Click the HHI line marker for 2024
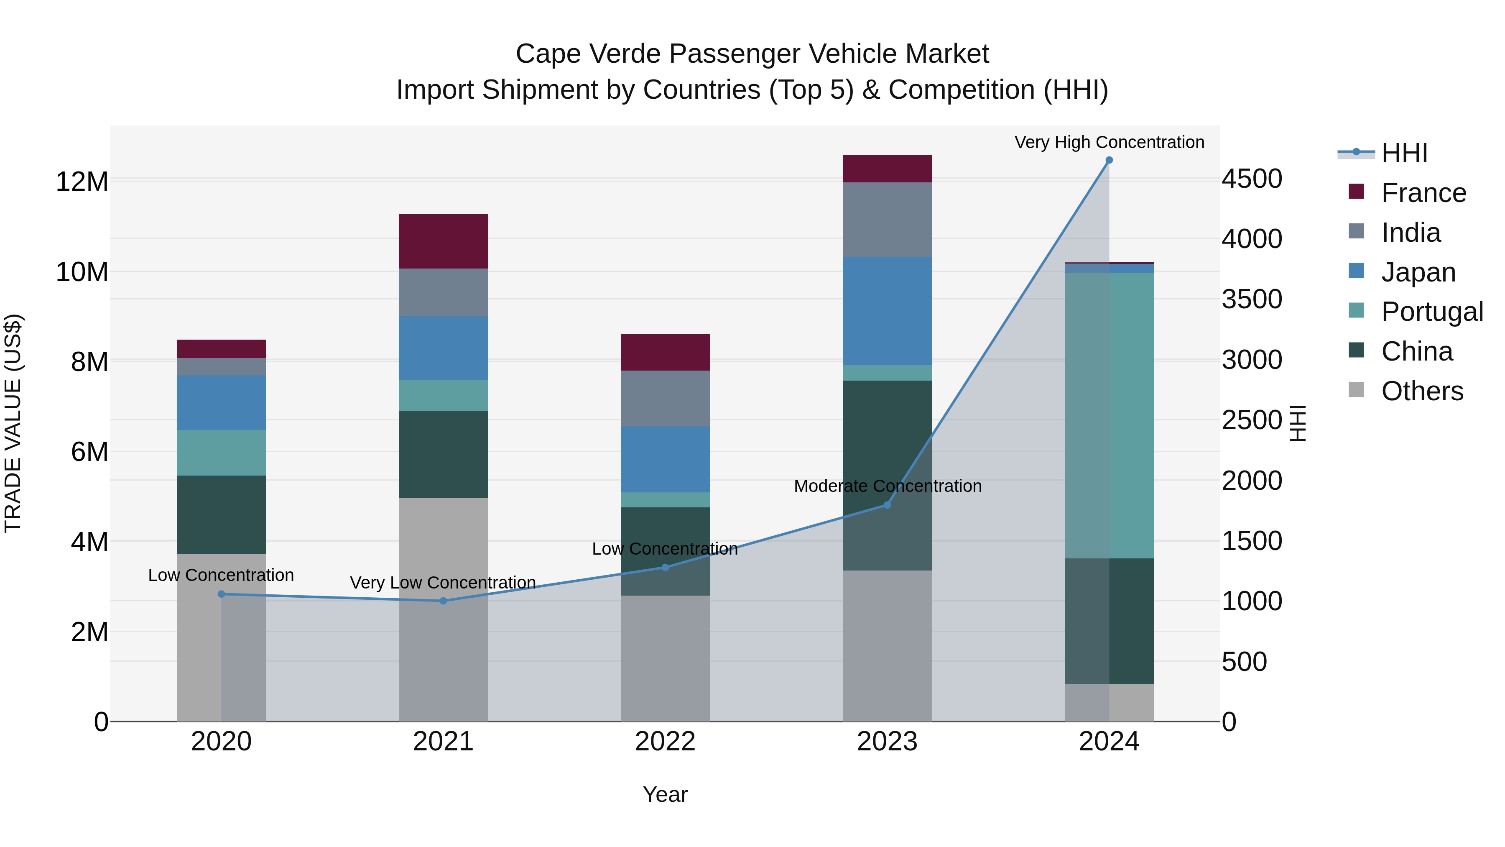pos(1109,160)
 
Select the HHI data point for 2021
pos(443,601)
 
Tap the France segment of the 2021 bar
pos(443,241)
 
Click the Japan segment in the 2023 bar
pos(887,311)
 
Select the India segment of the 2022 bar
pos(665,398)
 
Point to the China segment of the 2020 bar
pos(221,514)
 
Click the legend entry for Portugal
pos(1431,312)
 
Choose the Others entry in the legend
pos(1421,391)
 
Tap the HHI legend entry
pos(1404,153)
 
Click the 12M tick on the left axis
pos(82,181)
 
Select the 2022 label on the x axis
pos(665,742)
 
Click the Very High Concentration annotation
pos(1109,142)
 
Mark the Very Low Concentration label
pos(443,583)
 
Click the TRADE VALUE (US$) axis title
pos(13,423)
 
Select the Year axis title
pos(665,794)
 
